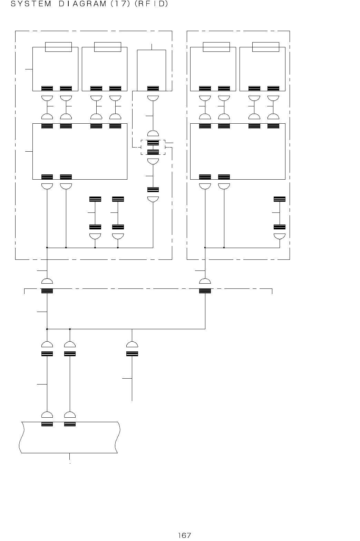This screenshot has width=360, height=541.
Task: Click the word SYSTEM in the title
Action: [31, 4]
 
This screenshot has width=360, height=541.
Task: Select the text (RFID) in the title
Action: [151, 4]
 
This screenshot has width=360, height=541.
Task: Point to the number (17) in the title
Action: [124, 4]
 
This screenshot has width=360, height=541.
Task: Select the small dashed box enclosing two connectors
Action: [153, 147]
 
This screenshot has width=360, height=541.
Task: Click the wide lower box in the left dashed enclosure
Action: [80, 151]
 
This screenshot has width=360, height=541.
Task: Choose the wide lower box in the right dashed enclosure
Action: [238, 151]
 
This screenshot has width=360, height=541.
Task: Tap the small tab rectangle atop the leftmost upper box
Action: [59, 47]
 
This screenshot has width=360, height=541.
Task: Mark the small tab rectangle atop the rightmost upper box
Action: [266, 47]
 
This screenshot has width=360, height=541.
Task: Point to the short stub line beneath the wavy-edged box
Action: [70, 458]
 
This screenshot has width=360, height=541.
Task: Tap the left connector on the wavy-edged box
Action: [47, 424]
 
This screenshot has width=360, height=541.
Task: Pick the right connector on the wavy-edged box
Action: [70, 424]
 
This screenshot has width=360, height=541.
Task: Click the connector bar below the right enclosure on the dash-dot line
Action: [205, 291]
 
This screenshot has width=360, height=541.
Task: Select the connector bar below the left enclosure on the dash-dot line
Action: [47, 291]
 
